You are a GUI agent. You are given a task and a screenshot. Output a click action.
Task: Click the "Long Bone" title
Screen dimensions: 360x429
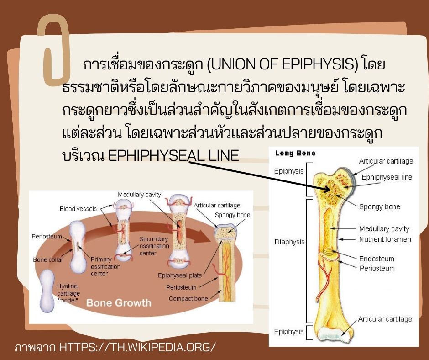295,153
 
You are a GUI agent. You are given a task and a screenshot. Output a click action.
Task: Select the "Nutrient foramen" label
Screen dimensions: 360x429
385,239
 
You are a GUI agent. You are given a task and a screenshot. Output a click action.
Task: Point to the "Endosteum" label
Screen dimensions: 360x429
377,259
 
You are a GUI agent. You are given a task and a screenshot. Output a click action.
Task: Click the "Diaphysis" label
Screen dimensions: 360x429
289,242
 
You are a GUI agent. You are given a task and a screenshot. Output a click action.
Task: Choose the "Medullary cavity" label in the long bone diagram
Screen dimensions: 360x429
384,228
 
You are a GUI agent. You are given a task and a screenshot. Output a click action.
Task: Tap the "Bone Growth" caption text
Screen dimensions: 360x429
119,302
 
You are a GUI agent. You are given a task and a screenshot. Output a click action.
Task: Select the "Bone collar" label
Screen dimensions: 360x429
48,260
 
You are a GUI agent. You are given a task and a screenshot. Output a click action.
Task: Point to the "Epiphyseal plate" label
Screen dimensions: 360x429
180,275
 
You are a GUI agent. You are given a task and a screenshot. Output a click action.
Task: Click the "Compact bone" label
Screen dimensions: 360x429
188,298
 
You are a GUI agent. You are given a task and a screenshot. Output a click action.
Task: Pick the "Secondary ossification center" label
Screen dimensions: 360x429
154,246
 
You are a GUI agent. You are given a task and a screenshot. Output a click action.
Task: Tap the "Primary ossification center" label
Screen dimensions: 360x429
105,266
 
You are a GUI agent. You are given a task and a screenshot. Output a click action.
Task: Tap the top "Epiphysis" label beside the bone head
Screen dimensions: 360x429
288,171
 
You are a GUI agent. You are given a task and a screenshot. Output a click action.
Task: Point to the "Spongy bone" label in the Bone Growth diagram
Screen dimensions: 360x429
232,215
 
